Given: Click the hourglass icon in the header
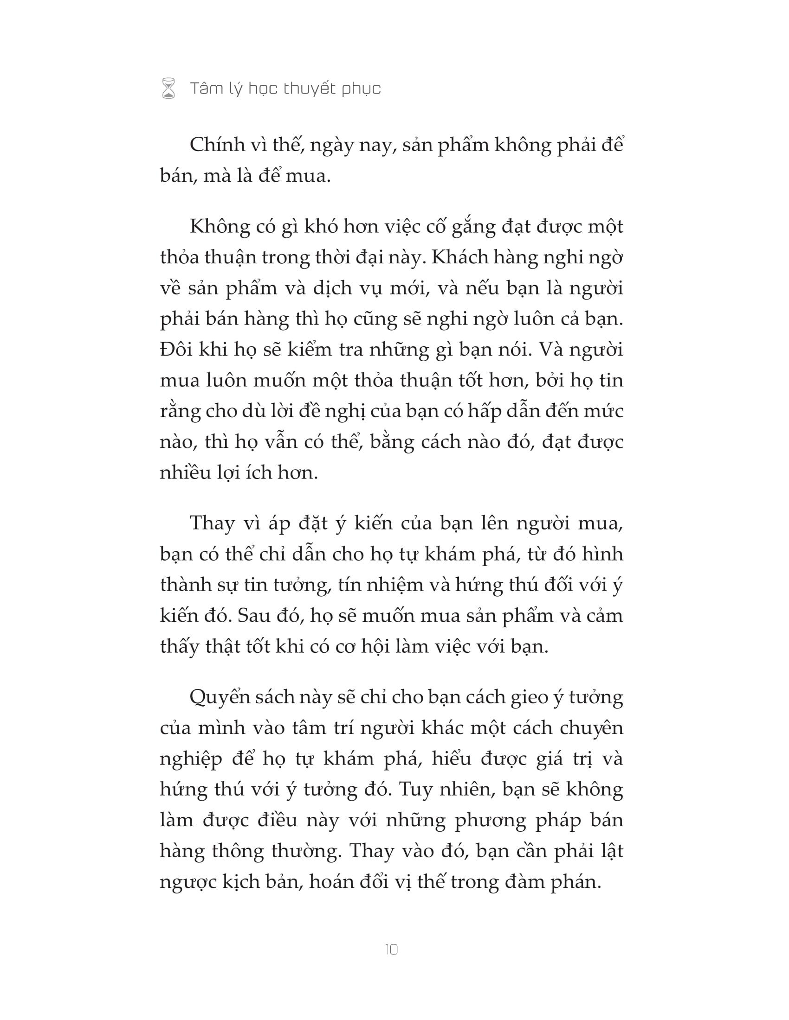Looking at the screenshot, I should [168, 88].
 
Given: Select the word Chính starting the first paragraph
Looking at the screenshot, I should [218, 145].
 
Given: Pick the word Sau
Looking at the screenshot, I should [253, 616].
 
